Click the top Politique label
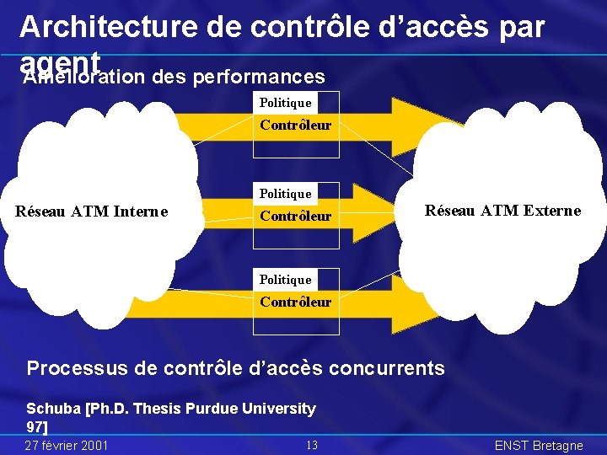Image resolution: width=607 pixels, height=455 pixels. pos(285,103)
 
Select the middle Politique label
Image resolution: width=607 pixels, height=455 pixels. pos(285,194)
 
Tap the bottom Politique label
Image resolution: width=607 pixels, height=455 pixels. pos(285,280)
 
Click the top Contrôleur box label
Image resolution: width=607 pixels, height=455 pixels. pos(295,126)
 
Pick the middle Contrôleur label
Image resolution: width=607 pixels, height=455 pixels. pos(295,217)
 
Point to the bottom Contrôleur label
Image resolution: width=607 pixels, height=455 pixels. pos(295,302)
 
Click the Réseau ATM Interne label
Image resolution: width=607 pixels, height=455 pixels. pos(91,211)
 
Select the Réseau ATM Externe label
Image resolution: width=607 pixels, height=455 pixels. pos(502,211)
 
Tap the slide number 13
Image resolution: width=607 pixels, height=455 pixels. pos(311,445)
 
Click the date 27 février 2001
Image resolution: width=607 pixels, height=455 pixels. pos(66,445)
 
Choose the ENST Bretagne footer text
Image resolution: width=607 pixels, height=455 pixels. pos(538,445)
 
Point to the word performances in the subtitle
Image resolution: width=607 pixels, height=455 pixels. pos(259,78)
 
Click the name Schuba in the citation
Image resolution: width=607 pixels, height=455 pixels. pos(53,409)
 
